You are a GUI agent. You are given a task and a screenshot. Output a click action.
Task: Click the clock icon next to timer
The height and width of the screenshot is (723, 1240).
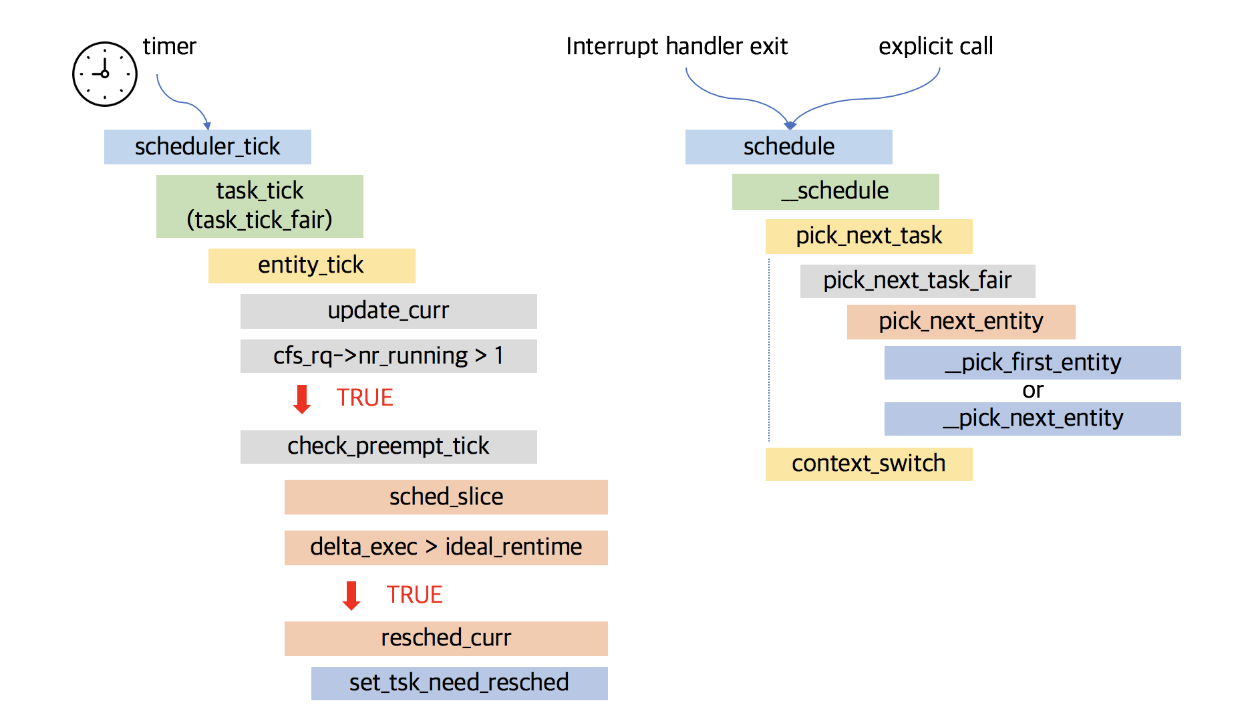point(105,74)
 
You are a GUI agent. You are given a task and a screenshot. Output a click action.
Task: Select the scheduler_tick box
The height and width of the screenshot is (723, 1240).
point(207,147)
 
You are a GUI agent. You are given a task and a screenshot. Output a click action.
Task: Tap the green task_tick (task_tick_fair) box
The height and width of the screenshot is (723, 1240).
point(259,206)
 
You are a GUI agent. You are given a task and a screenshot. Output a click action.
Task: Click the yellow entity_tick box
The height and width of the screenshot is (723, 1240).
point(311,265)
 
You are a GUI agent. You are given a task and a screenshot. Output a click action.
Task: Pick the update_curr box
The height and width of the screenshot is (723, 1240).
point(388,311)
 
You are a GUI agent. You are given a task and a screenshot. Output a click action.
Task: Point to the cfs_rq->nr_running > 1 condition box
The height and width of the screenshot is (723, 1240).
point(388,355)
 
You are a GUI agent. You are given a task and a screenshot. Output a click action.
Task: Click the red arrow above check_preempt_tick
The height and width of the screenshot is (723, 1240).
point(302,398)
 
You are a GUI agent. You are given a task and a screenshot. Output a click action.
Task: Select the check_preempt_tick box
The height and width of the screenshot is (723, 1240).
point(388,446)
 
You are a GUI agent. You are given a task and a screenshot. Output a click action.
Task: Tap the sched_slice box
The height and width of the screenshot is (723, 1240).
point(446,496)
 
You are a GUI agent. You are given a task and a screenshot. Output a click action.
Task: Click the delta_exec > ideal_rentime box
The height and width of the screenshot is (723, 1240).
point(446,547)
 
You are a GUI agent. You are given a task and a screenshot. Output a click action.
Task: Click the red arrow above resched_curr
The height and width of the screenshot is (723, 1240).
point(351,595)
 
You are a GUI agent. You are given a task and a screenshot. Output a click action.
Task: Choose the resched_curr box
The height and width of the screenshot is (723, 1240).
point(446,638)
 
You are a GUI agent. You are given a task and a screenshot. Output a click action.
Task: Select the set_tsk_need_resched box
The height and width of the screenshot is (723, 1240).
point(459,683)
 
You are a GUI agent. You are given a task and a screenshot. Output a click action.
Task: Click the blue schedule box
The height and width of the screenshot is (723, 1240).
point(788,147)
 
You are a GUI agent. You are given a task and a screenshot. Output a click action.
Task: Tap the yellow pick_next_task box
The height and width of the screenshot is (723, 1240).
point(869,236)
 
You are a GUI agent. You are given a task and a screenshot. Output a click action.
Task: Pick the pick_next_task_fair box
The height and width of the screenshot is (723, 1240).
point(917,281)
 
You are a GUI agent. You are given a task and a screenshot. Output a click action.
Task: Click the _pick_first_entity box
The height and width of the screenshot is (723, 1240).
point(1032,362)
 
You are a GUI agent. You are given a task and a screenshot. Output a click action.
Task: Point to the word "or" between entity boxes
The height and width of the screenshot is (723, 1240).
point(1032,390)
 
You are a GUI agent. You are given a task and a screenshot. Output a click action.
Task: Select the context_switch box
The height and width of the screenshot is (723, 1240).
point(869,464)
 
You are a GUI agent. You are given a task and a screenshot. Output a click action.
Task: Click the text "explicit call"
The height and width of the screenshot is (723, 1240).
point(935,47)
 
